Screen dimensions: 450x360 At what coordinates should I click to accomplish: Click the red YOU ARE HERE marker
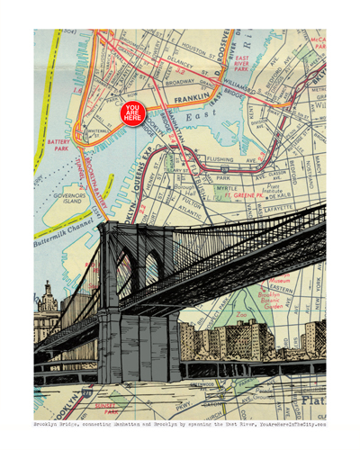click(133, 113)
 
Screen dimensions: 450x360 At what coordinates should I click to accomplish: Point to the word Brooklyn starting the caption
click(49, 424)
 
